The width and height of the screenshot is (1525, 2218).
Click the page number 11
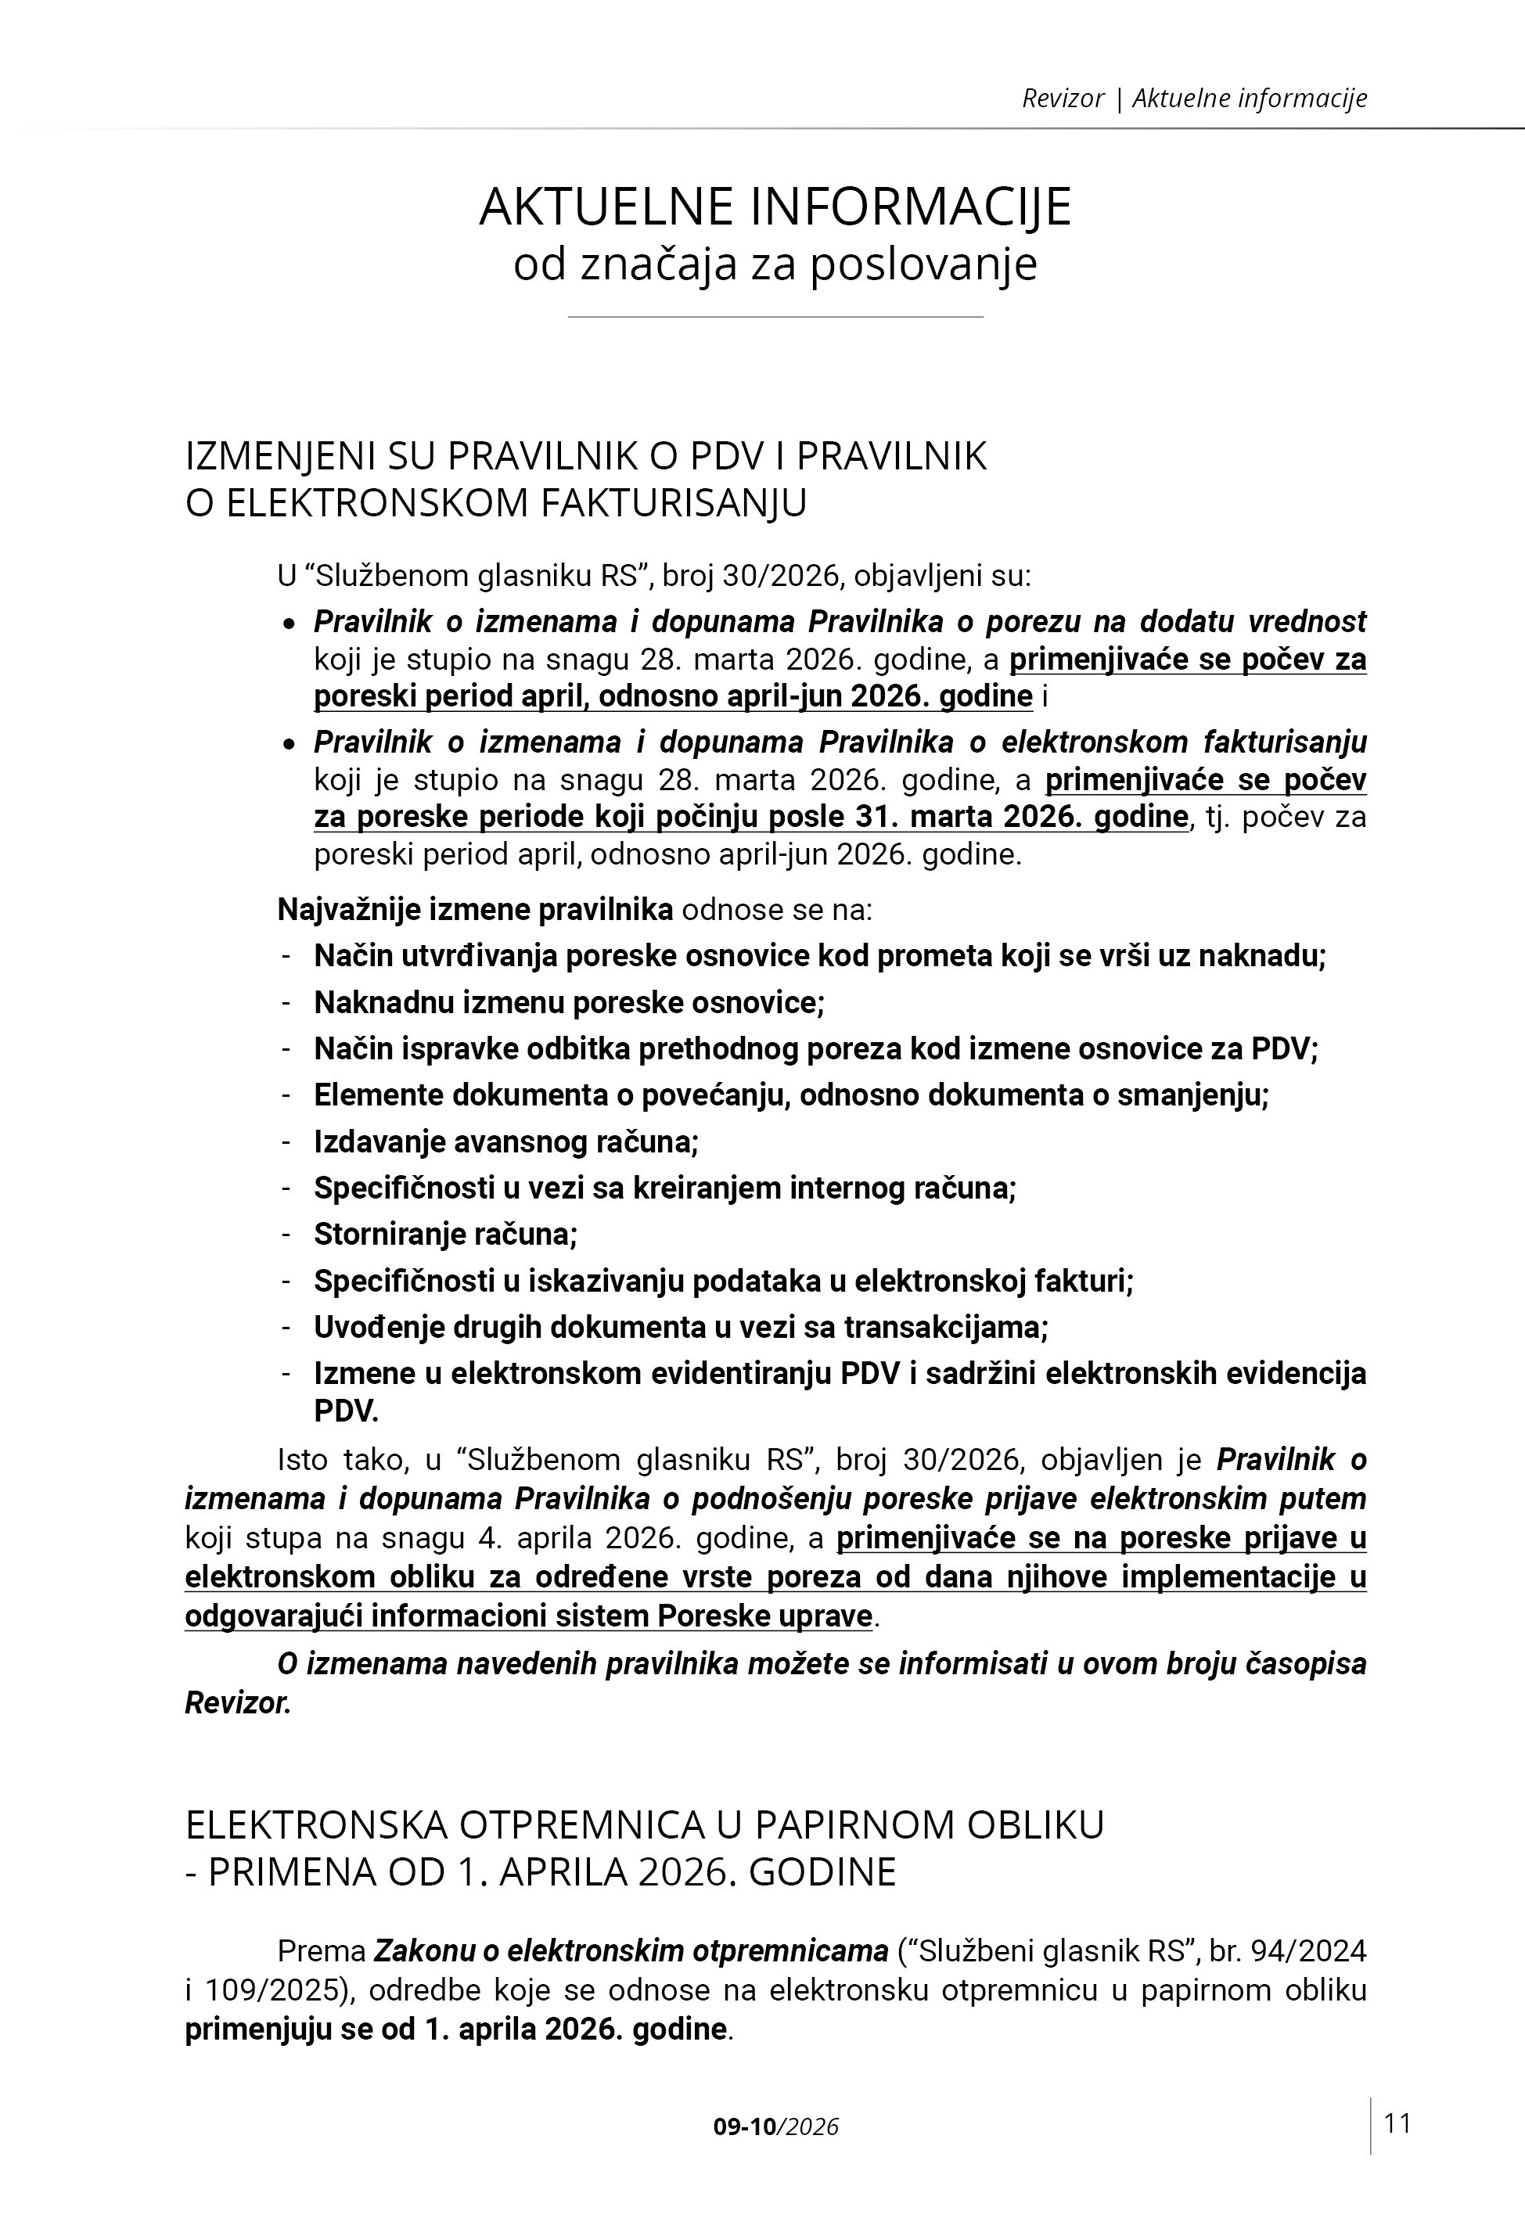tap(1397, 2123)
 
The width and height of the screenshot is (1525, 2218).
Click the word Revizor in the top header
tap(1063, 99)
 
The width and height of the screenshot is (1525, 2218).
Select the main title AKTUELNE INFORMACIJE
tap(775, 207)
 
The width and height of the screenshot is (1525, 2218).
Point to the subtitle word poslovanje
tap(923, 264)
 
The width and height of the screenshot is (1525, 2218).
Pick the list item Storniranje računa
tap(445, 1234)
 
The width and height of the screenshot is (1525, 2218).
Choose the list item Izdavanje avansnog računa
tap(506, 1141)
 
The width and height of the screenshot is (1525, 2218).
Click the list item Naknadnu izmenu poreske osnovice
tap(569, 1002)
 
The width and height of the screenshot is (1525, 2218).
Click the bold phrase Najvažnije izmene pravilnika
tap(475, 908)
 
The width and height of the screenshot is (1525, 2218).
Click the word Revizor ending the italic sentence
tap(238, 1703)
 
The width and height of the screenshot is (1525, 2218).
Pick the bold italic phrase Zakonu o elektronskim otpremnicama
tap(631, 1950)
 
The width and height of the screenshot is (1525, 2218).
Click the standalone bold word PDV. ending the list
tap(346, 1410)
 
